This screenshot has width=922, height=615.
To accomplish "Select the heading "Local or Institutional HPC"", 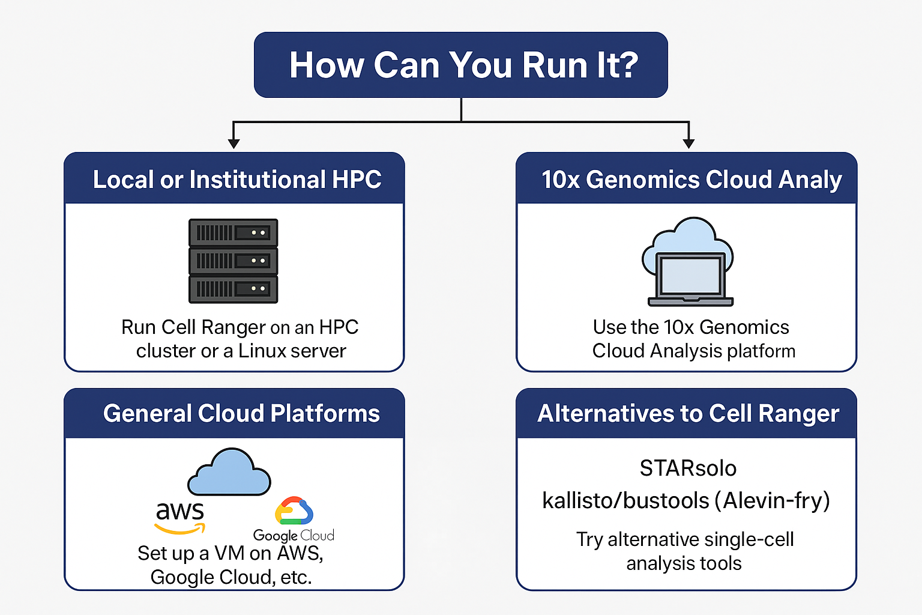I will (x=237, y=180).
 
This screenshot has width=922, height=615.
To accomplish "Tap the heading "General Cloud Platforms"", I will (x=241, y=413).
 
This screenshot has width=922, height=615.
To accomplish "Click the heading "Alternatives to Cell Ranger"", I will (x=688, y=413).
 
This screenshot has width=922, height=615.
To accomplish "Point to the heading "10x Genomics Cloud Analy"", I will (x=691, y=180).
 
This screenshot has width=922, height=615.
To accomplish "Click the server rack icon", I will (x=234, y=261).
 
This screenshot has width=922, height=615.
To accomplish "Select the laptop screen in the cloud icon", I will (x=690, y=274).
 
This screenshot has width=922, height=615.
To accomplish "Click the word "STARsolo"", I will (x=688, y=468).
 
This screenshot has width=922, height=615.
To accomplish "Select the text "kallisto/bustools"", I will (x=626, y=500).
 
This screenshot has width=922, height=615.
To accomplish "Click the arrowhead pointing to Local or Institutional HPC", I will (x=234, y=144).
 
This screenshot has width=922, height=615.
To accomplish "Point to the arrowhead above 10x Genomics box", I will (x=688, y=144).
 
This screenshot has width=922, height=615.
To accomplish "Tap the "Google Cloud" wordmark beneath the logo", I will (x=294, y=535).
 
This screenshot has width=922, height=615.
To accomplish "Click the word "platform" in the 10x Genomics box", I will (x=761, y=351).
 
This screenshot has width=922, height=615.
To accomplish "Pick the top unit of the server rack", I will (x=234, y=232).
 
